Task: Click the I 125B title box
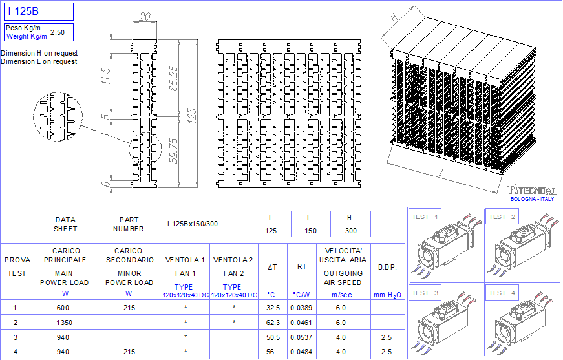point(39,12)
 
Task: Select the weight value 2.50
point(58,32)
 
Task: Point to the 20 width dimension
point(144,17)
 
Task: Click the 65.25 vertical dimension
point(173,78)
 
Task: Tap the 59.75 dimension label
point(174,151)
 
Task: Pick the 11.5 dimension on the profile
point(106,76)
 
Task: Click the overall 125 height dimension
point(192,116)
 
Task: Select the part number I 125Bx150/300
point(193,224)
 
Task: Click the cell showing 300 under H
point(351,231)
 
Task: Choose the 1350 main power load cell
point(64,323)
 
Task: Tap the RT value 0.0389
point(301,308)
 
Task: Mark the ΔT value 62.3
point(273,323)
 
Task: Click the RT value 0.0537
point(301,337)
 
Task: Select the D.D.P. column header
point(387,268)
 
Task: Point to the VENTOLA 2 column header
point(233,260)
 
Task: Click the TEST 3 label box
point(425,293)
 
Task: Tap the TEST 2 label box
point(502,217)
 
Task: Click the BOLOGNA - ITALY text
point(532,199)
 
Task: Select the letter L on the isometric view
point(442,174)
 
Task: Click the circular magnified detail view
point(58,116)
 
